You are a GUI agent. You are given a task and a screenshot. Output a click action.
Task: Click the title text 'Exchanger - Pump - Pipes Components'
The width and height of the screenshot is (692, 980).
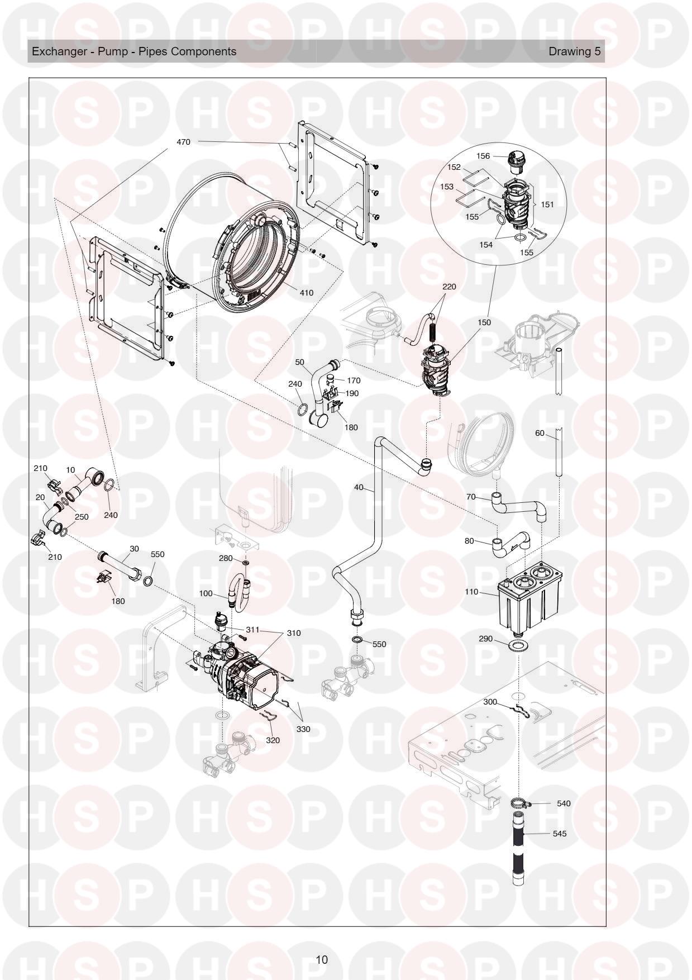[134, 51]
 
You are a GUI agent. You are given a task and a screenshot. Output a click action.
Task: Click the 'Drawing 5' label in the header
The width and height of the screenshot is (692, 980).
[575, 51]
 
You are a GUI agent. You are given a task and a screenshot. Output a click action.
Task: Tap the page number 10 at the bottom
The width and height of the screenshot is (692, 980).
[322, 960]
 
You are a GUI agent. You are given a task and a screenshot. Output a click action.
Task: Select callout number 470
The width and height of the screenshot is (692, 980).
[183, 142]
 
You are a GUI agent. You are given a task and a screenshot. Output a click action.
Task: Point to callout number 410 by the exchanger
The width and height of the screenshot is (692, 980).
[306, 293]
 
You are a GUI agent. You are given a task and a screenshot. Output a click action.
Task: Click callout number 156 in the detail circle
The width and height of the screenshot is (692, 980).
[483, 156]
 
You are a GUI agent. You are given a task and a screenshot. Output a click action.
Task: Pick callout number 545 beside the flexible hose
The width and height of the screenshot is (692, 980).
[559, 834]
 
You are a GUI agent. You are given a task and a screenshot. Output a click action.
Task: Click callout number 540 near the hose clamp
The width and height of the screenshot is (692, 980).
[564, 803]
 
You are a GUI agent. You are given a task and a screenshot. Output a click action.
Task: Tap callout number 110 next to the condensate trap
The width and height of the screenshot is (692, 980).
[472, 592]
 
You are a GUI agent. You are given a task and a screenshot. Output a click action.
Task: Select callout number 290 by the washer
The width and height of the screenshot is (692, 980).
[486, 639]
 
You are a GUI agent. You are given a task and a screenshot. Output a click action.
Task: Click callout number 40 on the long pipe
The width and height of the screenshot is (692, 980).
[359, 488]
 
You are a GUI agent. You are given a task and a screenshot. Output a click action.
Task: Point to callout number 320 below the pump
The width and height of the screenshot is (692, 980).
[273, 740]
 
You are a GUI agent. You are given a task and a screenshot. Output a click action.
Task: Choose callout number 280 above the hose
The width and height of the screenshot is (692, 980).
[226, 558]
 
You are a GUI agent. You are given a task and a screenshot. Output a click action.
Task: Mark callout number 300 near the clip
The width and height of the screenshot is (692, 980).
[490, 702]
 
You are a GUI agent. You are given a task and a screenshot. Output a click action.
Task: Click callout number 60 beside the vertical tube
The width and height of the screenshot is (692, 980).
[540, 433]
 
